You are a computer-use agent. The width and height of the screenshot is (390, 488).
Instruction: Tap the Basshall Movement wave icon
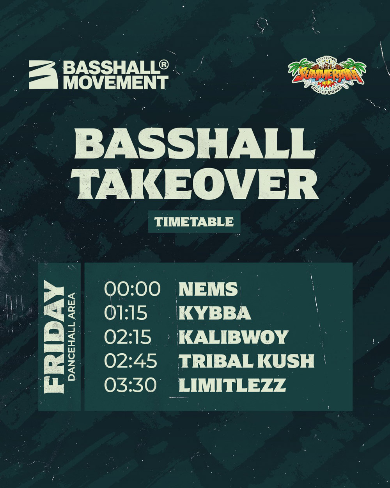[44, 75]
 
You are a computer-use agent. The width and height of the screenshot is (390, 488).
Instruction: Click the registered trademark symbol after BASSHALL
[164, 65]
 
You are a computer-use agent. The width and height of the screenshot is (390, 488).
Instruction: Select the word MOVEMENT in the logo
[116, 82]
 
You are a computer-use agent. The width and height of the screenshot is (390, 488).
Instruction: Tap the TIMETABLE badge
[194, 221]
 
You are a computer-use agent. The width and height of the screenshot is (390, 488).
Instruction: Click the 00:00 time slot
[132, 289]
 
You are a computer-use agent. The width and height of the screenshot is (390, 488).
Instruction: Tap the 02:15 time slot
[128, 337]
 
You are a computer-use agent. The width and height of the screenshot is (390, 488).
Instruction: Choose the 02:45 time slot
[131, 361]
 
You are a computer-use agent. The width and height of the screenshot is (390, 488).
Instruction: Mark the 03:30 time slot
[130, 385]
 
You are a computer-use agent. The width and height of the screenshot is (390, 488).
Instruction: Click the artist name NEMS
[208, 289]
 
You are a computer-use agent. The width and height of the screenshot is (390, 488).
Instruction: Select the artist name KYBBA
[214, 313]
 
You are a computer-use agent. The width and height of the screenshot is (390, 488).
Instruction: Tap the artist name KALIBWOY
[233, 337]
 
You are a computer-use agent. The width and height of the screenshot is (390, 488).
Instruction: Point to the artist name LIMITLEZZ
[232, 385]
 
